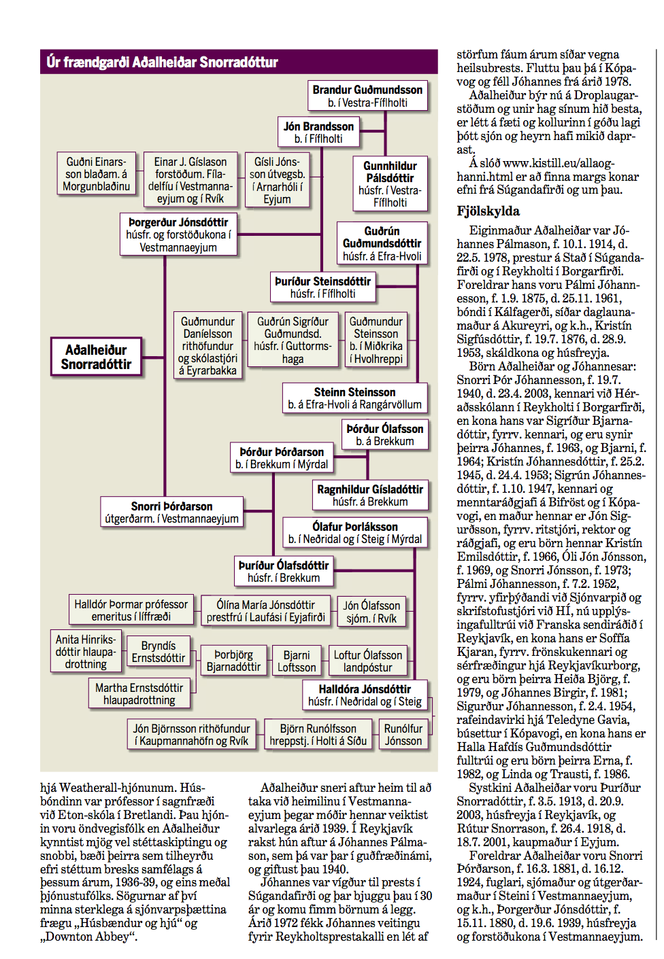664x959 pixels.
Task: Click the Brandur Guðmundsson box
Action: click(367, 96)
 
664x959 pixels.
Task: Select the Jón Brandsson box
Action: click(318, 133)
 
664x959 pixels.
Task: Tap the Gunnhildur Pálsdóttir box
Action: click(390, 184)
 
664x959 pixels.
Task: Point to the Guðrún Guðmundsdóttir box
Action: click(382, 243)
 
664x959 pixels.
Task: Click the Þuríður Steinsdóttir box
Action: click(322, 287)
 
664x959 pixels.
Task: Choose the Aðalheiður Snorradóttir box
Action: click(96, 357)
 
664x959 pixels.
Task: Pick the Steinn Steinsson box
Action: click(354, 398)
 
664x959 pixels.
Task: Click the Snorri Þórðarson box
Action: click(171, 512)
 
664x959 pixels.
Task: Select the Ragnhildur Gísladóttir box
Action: click(370, 495)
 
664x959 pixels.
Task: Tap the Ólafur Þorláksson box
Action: click(354, 532)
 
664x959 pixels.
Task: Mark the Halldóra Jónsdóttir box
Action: click(365, 695)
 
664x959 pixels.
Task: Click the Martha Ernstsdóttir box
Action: click(139, 693)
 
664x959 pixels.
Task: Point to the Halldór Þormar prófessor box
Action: click(131, 610)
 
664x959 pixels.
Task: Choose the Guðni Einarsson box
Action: click(96, 173)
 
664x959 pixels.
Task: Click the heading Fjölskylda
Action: click(488, 211)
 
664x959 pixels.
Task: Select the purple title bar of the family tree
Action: click(238, 62)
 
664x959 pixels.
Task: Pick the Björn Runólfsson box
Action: click(318, 734)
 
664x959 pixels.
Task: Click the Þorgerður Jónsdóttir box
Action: click(178, 234)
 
